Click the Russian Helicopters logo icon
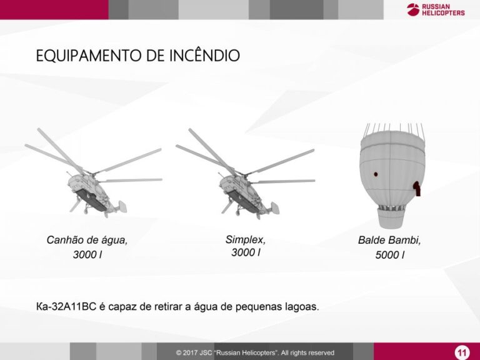413,9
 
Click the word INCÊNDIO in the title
204,56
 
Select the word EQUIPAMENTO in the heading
89,56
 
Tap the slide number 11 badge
462,352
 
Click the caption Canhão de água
87,240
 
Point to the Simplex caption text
246,239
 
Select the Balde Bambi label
389,240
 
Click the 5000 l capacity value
390,255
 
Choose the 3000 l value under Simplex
246,252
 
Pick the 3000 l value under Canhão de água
87,255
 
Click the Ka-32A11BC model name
66,306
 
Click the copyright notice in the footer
255,352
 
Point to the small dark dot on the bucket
376,174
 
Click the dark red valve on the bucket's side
417,188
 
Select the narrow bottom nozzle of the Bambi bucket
391,218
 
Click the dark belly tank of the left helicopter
91,199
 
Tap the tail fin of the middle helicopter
274,208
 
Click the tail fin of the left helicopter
122,207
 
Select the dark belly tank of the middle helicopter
244,201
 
